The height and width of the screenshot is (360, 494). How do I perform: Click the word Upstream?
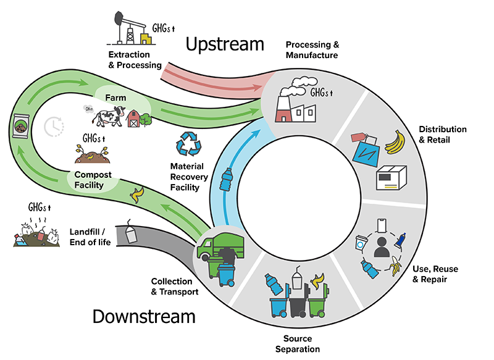click(225, 44)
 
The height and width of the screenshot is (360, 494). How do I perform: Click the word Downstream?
click(144, 317)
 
